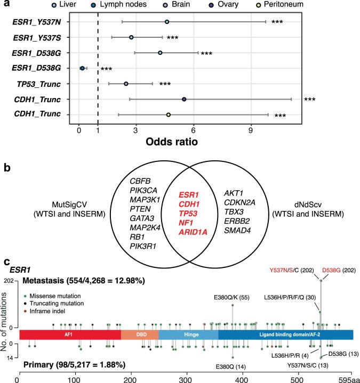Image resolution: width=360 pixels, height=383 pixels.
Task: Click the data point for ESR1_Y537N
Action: (x=167, y=22)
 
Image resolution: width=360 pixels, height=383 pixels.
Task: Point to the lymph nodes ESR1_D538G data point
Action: (x=82, y=68)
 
